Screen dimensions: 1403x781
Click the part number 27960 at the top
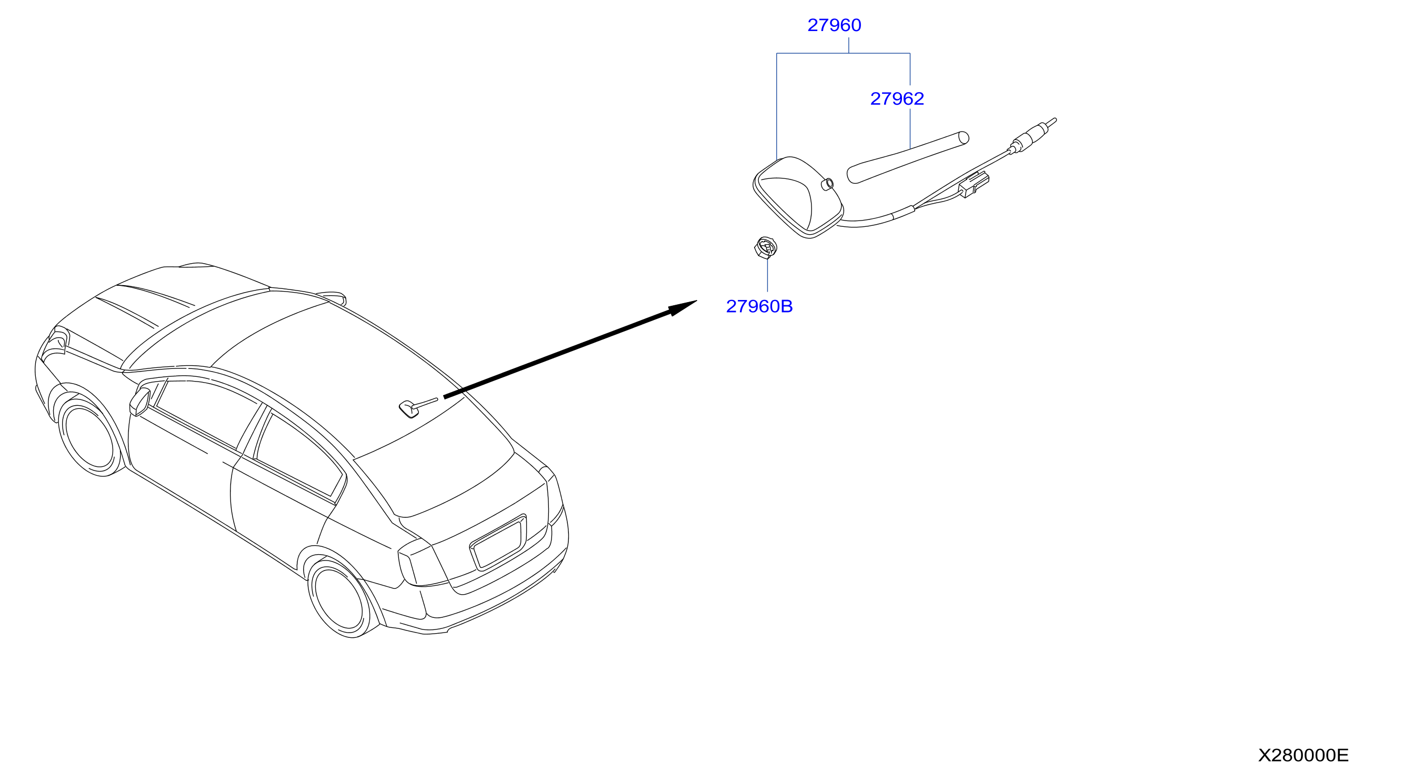(834, 25)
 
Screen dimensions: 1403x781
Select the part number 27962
(897, 98)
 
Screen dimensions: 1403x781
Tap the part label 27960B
(759, 307)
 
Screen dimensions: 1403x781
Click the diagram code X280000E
(1304, 755)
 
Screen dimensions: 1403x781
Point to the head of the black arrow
(697, 301)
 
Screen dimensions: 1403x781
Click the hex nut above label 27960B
(766, 248)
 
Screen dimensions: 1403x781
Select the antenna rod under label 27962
(908, 157)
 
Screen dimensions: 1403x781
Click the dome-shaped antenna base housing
(798, 197)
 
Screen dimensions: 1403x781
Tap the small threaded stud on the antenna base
(827, 185)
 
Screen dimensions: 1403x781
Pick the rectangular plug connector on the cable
(974, 185)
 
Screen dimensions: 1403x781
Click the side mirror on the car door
(139, 402)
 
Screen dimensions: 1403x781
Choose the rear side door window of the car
(298, 455)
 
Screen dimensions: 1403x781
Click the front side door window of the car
(207, 413)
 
